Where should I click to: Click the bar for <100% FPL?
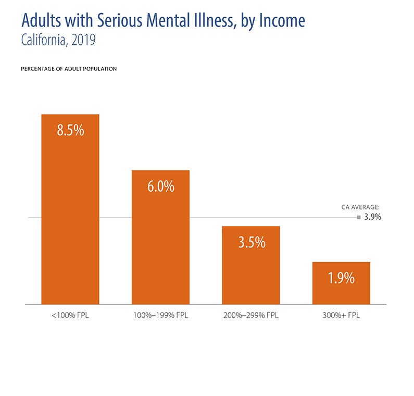click(70, 219)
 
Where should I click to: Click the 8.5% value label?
click(70, 130)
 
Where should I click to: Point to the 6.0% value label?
click(160, 187)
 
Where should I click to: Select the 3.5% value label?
click(251, 242)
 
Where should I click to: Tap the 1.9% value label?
click(341, 278)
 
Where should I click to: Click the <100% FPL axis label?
click(70, 316)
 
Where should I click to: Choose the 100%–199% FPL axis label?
click(160, 316)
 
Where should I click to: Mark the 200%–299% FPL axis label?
click(251, 316)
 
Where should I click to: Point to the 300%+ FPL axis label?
click(341, 316)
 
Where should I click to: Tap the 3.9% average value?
click(373, 217)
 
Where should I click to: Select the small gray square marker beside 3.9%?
click(359, 217)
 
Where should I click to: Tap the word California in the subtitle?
click(44, 40)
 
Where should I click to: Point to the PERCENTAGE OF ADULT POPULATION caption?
click(69, 69)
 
